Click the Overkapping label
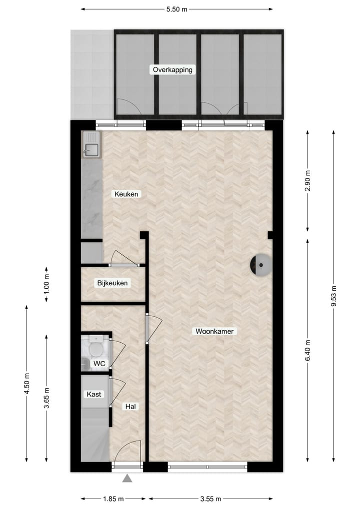tap(172, 70)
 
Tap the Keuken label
tap(126, 194)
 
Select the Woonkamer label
tap(214, 331)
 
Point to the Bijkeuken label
tap(112, 283)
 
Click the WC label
tap(99, 364)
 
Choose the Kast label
tap(94, 394)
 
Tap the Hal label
tap(131, 407)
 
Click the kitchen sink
tap(91, 148)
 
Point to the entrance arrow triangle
tap(127, 479)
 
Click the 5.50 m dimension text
tap(176, 9)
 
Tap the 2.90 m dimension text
tap(307, 181)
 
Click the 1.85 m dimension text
tap(113, 499)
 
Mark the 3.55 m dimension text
tap(210, 499)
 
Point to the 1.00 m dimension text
tap(46, 283)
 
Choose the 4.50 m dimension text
tap(26, 384)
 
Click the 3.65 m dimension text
tap(46, 398)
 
